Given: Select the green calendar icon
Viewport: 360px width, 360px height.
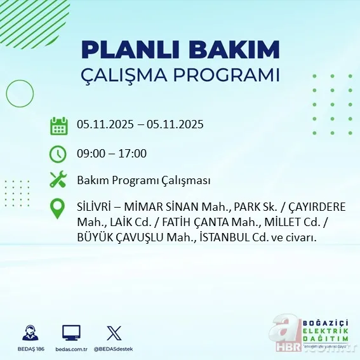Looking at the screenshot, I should point(58,126).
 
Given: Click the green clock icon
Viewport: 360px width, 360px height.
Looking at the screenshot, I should point(58,154).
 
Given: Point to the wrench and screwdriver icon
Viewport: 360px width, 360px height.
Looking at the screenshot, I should point(58,180).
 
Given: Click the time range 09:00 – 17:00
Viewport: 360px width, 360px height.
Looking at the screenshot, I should point(112,153).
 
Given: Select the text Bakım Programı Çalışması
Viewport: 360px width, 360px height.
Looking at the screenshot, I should point(143,181).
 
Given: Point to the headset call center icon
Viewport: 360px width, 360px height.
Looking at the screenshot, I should point(29,332).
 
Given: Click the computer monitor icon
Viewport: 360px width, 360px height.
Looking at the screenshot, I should point(71,332).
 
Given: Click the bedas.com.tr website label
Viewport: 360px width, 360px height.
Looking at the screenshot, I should point(71,349).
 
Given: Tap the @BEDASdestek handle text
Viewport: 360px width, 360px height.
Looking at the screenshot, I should point(114,349).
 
